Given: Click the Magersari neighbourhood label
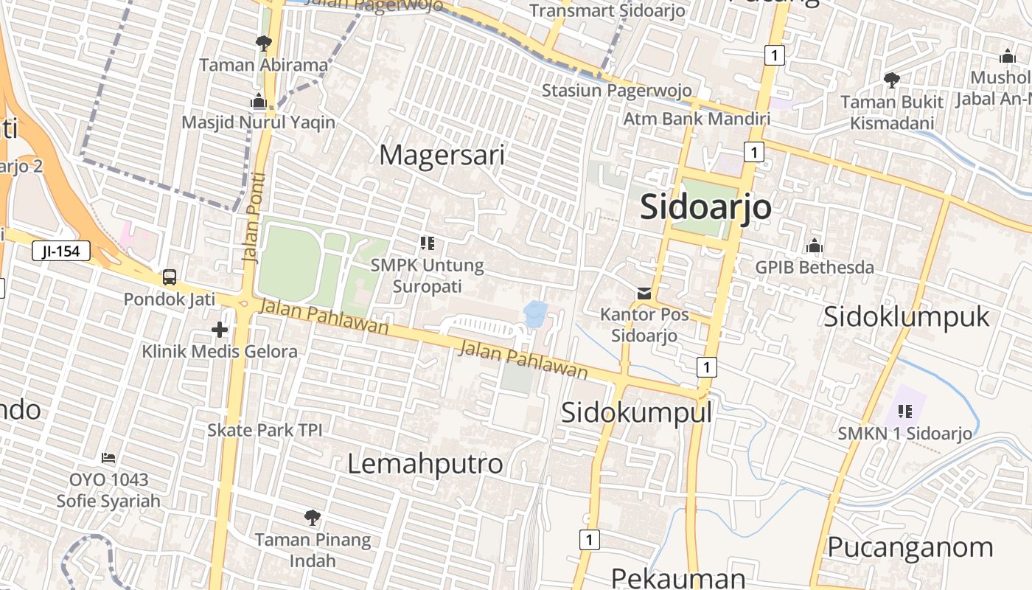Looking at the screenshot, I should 442,155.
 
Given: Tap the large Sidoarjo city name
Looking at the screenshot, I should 705,206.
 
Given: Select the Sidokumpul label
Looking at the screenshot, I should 636,412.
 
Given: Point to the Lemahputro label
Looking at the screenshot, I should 425,463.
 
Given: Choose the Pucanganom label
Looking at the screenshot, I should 910,547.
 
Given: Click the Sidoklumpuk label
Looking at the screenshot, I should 906,316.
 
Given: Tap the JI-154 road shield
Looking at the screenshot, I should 60,251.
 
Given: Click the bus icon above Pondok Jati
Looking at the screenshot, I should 170,277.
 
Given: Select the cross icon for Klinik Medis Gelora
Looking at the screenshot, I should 219,329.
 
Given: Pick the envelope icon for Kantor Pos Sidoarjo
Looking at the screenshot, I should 644,293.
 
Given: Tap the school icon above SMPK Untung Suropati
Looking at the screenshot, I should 427,243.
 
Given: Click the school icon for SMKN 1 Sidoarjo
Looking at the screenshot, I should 904,411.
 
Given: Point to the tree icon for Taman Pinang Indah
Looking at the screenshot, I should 313,517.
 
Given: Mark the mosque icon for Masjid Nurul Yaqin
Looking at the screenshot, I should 258,101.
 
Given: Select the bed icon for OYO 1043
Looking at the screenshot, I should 108,458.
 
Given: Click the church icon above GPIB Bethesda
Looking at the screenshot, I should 815,246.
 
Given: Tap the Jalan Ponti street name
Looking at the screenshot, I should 253,218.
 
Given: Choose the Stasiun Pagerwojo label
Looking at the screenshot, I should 616,90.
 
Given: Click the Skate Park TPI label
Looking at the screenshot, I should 265,429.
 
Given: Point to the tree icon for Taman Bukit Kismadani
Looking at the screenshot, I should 891,80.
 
